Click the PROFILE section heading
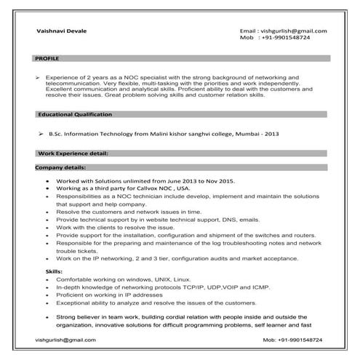point(48,57)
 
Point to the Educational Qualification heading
point(75,115)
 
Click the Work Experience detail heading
point(73,154)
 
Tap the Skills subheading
point(54,270)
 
